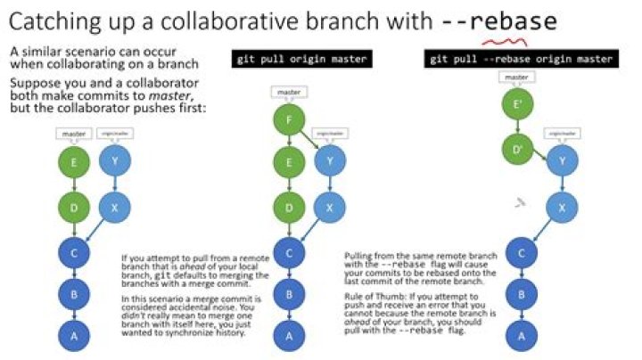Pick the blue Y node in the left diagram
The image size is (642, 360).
pos(113,163)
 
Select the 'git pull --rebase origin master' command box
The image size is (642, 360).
pos(521,60)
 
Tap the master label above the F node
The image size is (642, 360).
pos(288,92)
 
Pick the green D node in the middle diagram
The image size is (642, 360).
pos(288,208)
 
